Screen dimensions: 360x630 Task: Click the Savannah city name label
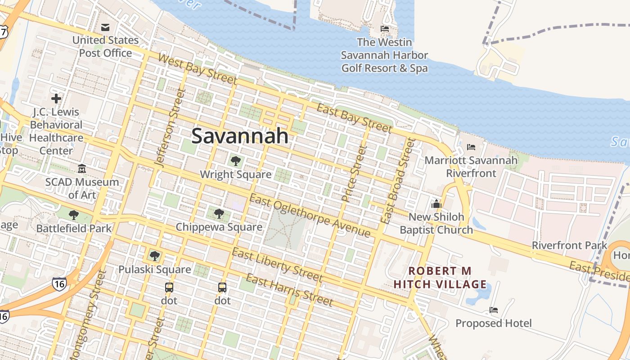click(x=240, y=135)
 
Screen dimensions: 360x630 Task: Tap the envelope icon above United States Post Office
click(x=105, y=27)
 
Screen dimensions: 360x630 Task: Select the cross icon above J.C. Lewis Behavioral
click(x=56, y=98)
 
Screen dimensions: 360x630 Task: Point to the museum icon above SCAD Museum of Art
click(x=82, y=169)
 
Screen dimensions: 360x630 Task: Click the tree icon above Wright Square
click(x=235, y=161)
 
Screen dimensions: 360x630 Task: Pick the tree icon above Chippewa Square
click(x=219, y=213)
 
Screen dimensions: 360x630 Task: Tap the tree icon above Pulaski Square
click(x=155, y=256)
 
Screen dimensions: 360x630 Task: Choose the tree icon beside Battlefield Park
click(x=74, y=215)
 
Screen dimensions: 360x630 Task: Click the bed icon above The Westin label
click(x=385, y=29)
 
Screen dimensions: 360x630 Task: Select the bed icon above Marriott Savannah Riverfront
click(x=471, y=147)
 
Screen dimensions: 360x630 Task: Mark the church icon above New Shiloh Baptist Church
click(x=436, y=204)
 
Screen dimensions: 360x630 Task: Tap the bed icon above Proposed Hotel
click(x=494, y=310)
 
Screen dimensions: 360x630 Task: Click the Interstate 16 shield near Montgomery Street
click(x=59, y=283)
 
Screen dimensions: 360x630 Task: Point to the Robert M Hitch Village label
click(x=440, y=278)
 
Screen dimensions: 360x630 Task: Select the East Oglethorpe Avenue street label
click(x=310, y=216)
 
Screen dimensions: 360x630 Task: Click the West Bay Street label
click(x=197, y=69)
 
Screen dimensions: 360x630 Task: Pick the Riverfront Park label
click(x=569, y=246)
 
